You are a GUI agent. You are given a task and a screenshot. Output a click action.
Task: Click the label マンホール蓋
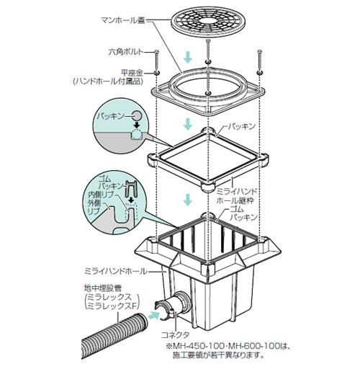tap(124, 21)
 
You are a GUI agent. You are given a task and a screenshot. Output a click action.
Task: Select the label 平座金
tap(132, 73)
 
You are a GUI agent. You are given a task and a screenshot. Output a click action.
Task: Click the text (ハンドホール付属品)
tap(108, 81)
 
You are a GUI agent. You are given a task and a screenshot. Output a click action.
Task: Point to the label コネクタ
tap(175, 334)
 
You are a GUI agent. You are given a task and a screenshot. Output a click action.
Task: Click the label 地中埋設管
tap(103, 288)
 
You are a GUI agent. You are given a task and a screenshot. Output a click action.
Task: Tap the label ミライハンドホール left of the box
tap(115, 272)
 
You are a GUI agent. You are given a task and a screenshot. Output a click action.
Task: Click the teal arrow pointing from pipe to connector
tap(153, 315)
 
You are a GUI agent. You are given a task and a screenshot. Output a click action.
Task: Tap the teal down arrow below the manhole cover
tap(188, 58)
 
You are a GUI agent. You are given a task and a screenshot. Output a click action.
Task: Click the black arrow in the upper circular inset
tap(137, 125)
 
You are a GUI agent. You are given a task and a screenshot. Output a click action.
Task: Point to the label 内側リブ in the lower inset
tap(101, 195)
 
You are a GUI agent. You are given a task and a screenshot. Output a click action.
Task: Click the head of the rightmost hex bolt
tap(260, 51)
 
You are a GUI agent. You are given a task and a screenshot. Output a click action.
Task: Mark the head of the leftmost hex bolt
tap(156, 51)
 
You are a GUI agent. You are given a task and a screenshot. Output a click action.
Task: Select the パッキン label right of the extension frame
tap(240, 126)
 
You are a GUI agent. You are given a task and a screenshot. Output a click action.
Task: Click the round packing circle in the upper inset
tap(138, 116)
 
